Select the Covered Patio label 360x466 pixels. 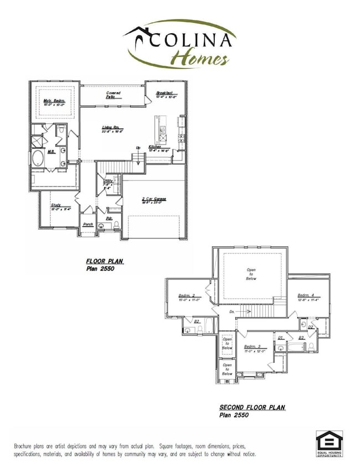click(x=114, y=95)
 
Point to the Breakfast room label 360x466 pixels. click(x=165, y=92)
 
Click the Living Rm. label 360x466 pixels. click(x=111, y=129)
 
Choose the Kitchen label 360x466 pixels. click(x=156, y=147)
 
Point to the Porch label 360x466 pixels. click(x=88, y=225)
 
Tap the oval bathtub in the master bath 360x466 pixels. click(x=38, y=159)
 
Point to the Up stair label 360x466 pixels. click(x=138, y=148)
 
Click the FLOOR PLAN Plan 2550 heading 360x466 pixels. click(x=104, y=263)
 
